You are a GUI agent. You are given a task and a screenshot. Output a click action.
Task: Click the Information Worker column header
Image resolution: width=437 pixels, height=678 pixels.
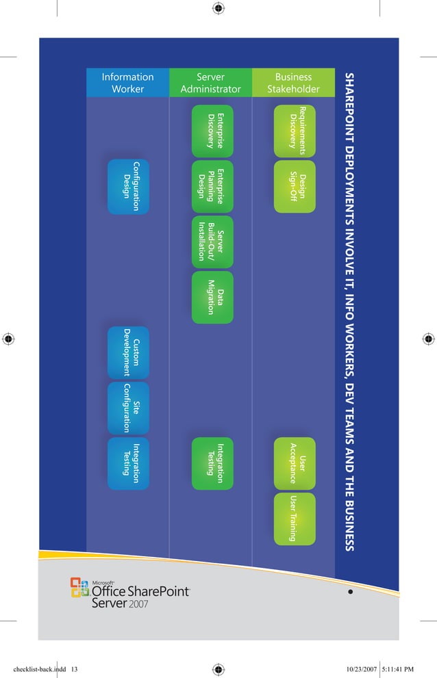127,83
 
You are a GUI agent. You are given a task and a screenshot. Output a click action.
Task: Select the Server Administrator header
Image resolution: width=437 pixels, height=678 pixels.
210,83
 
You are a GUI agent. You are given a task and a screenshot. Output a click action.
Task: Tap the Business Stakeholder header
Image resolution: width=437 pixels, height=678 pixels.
293,83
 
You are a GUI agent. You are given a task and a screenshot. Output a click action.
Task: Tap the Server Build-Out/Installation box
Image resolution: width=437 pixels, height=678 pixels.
212,242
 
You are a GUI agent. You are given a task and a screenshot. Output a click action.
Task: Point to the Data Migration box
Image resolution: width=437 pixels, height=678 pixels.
212,298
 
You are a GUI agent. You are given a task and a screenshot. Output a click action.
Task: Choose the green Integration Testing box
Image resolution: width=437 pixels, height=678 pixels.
212,463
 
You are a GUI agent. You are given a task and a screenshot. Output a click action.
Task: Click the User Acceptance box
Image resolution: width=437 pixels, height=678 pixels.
295,463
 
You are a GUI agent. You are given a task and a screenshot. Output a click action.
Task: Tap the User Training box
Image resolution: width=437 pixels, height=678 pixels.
295,518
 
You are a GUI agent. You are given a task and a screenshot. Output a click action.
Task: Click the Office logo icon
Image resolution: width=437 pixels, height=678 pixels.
80,588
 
